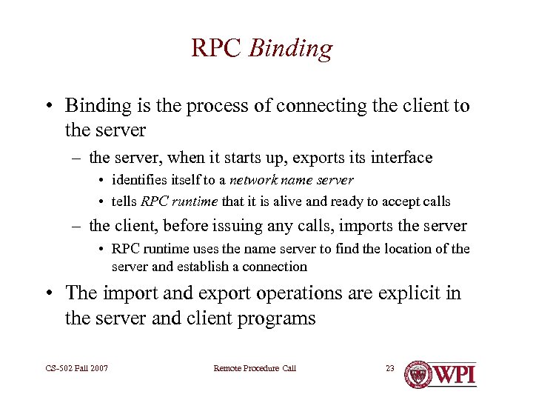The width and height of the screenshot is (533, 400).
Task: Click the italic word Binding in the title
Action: tap(291, 50)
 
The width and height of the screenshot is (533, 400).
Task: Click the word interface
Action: tap(400, 157)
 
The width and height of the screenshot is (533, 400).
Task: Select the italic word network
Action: tap(254, 180)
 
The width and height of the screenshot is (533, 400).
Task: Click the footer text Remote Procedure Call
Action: tap(255, 368)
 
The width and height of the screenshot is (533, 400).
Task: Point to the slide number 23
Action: tap(390, 368)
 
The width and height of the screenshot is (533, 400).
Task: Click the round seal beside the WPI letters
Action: tap(419, 373)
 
